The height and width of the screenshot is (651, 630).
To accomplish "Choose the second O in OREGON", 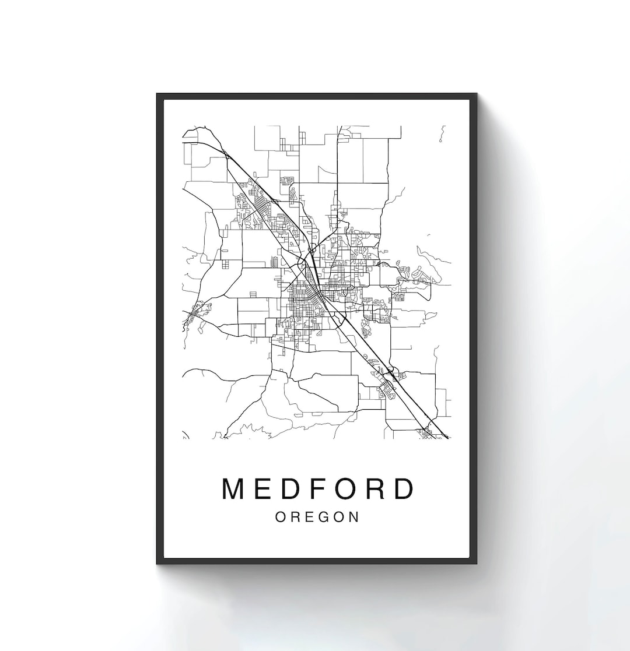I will (337, 517).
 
